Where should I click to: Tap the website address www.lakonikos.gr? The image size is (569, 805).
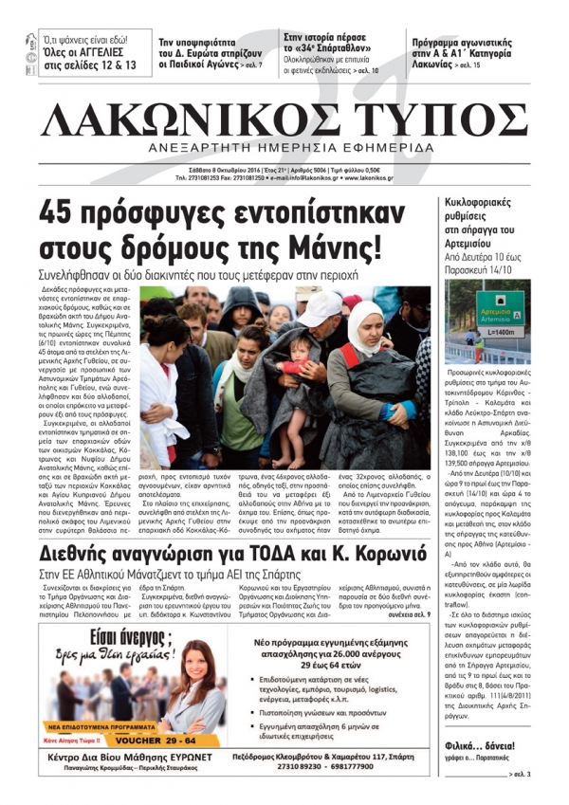point(385,176)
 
